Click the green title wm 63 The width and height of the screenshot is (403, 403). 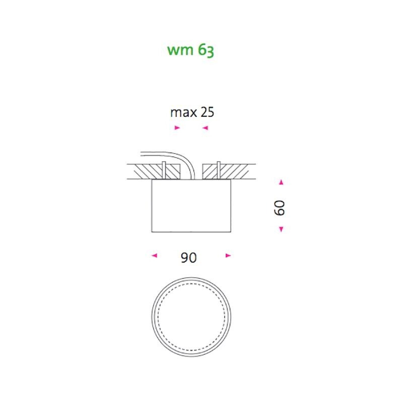tap(190, 50)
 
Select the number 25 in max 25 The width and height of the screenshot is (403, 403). tap(207, 112)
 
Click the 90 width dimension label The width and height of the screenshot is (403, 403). tap(188, 257)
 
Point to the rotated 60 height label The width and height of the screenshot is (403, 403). tap(280, 208)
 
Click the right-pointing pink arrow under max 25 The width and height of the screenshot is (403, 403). tap(177, 127)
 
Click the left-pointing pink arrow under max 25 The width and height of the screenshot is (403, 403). tap(205, 128)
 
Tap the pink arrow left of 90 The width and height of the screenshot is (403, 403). tap(154, 255)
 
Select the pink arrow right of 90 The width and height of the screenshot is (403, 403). tap(228, 255)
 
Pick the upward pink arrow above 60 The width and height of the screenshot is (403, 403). tap(281, 182)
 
